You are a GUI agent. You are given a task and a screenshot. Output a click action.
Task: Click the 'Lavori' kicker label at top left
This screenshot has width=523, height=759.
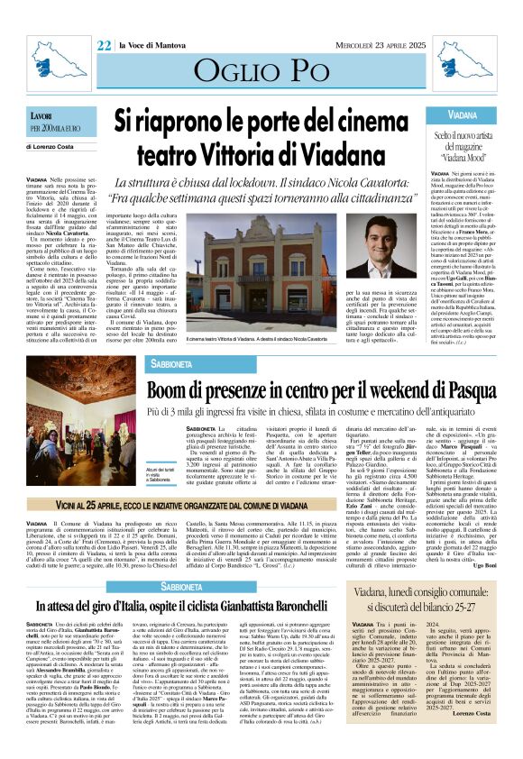point(42,116)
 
